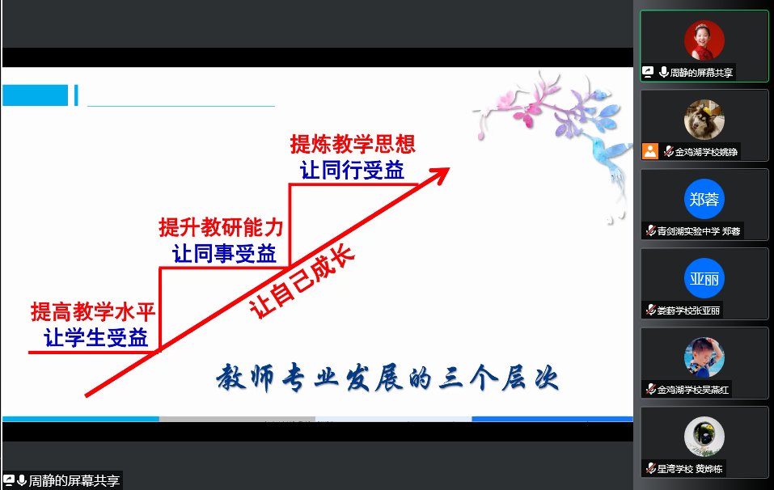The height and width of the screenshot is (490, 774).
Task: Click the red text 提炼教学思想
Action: click(x=353, y=144)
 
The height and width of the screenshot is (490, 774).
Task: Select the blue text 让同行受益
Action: click(x=353, y=171)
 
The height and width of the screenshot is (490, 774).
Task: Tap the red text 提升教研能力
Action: click(x=221, y=227)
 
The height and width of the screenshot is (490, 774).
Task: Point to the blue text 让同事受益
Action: click(x=224, y=254)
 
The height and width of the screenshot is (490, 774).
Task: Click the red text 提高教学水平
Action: click(x=93, y=312)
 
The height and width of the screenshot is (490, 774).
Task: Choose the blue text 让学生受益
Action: click(x=95, y=338)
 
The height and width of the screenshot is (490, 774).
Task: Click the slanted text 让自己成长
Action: click(x=302, y=281)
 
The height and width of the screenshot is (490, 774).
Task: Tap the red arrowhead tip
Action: click(x=450, y=167)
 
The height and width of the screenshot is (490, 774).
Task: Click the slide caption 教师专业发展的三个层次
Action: click(x=387, y=378)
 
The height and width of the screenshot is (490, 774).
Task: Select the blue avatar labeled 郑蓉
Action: click(x=704, y=199)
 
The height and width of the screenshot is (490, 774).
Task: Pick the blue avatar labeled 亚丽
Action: click(x=704, y=278)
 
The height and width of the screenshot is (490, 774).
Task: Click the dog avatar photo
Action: click(x=704, y=120)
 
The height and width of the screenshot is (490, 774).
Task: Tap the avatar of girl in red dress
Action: click(x=704, y=40)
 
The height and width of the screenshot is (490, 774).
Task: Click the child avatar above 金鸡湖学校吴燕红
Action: click(x=704, y=357)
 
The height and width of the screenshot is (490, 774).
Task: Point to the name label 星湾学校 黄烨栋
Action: click(x=690, y=469)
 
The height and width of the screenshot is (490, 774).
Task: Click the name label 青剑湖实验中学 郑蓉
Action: click(x=699, y=231)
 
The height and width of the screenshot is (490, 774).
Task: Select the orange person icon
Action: click(x=650, y=151)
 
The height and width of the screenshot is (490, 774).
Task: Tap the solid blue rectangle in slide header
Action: click(x=35, y=95)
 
